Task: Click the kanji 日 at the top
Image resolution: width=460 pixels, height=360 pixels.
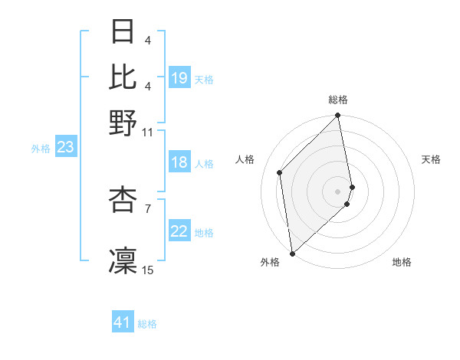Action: (x=123, y=32)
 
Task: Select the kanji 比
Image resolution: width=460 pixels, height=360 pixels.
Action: (x=123, y=76)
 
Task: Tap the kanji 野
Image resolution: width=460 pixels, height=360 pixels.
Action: (x=123, y=121)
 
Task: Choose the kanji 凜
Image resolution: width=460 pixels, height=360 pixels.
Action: (x=123, y=259)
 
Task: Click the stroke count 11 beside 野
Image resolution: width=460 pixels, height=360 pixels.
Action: (x=148, y=132)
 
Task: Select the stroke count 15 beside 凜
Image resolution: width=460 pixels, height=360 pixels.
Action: (x=148, y=270)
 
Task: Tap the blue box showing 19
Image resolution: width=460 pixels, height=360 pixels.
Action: (x=179, y=78)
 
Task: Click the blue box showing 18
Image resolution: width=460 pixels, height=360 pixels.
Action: (x=179, y=162)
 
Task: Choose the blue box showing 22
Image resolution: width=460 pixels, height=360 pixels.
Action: (x=179, y=231)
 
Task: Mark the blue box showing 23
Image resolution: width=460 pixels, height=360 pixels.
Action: (x=65, y=148)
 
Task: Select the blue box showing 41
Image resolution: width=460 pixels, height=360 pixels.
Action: (x=123, y=323)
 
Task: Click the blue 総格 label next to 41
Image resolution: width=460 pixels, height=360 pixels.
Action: (x=147, y=324)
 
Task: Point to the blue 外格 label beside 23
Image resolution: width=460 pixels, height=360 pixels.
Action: (x=40, y=149)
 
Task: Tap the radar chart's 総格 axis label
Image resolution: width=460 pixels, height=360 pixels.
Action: (x=338, y=100)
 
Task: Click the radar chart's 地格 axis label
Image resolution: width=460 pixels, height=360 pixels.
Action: (x=402, y=262)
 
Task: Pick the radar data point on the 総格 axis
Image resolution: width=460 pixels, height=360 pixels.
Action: (x=338, y=116)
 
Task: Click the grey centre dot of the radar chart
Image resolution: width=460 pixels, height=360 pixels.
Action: (x=338, y=190)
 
